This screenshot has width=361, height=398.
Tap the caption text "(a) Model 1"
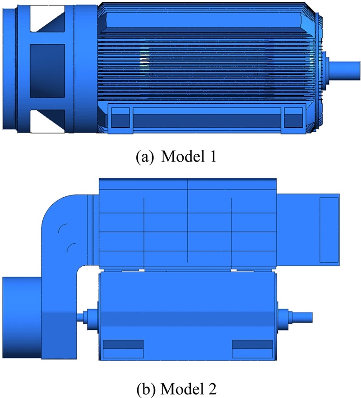point(176,157)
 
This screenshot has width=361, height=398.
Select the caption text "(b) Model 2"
point(176,389)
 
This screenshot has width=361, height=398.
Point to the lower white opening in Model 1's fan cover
point(47,121)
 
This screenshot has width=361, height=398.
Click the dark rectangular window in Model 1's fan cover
point(47,71)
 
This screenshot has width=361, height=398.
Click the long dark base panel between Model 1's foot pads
point(207,120)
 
